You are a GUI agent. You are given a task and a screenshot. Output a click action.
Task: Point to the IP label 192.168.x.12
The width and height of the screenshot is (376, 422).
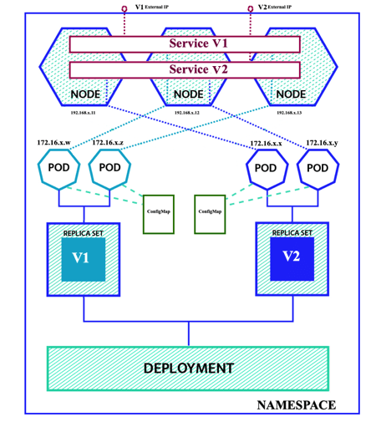188,110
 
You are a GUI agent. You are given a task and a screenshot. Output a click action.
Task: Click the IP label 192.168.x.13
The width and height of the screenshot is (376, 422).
293,110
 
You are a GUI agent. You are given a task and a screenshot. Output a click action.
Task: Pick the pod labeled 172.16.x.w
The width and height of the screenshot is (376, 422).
58,168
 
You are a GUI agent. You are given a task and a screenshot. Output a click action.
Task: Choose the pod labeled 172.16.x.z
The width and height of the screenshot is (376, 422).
109,168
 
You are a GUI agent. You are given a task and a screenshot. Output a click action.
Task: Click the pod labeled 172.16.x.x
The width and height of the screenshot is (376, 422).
266,168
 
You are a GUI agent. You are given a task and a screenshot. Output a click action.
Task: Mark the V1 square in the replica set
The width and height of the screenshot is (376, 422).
83,260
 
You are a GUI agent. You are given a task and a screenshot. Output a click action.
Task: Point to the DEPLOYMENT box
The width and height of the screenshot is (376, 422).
188,368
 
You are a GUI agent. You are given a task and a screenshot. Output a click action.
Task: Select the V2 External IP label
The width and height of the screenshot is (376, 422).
275,7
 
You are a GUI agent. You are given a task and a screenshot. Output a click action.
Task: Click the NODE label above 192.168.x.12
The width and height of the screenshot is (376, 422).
188,94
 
